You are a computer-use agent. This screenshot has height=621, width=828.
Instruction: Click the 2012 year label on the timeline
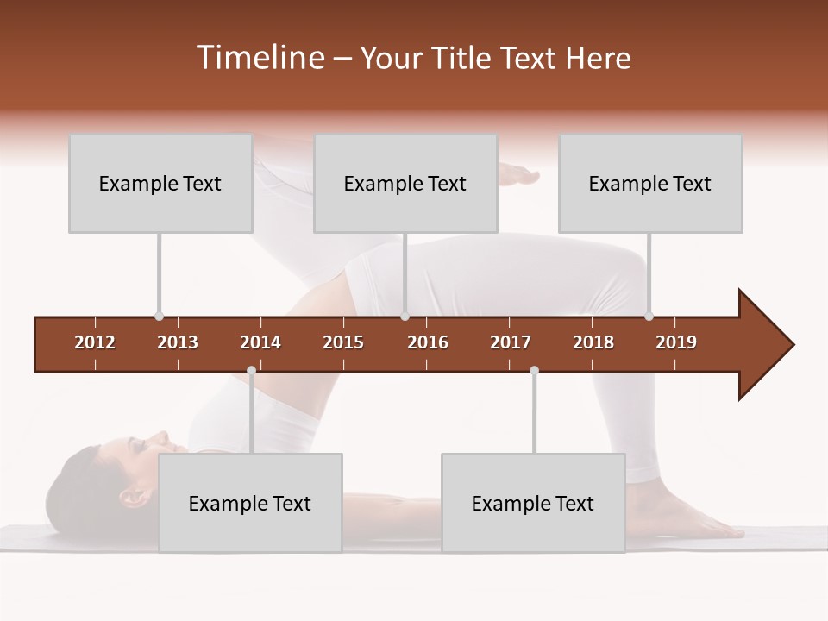[x=95, y=342]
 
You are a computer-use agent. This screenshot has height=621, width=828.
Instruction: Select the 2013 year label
[x=178, y=342]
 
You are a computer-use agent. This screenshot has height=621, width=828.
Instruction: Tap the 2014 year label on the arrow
[x=260, y=342]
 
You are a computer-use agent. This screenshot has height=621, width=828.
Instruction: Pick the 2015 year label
[x=343, y=342]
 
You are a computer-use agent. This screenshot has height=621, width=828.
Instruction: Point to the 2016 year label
[x=428, y=342]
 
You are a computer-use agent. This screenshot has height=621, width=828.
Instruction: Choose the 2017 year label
[x=511, y=342]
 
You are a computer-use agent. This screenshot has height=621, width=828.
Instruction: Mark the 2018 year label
[x=593, y=342]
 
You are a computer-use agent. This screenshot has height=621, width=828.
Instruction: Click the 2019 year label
[x=676, y=342]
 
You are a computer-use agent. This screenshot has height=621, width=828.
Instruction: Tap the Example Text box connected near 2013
[x=160, y=184]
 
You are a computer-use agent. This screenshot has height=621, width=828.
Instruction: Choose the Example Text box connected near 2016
[x=405, y=184]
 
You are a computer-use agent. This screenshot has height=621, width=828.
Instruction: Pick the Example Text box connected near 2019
[x=650, y=184]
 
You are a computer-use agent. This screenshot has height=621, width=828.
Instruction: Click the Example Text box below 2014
[x=250, y=503]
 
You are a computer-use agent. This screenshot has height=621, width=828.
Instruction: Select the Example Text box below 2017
[x=533, y=503]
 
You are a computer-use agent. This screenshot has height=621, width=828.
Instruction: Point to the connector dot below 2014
[x=251, y=370]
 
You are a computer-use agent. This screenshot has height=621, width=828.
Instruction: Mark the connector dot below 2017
[x=534, y=370]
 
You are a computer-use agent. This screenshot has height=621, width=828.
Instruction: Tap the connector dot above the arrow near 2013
[x=159, y=316]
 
